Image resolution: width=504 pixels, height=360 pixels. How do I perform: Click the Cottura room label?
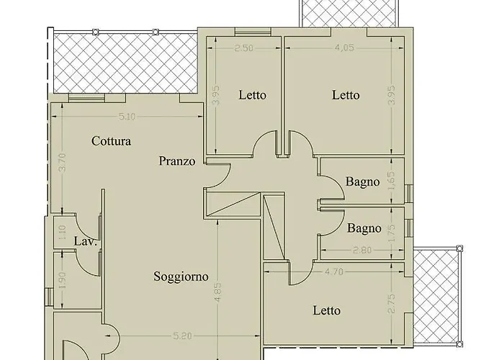pyautogui.click(x=111, y=141)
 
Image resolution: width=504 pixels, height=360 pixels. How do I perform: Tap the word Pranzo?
pyautogui.click(x=177, y=161)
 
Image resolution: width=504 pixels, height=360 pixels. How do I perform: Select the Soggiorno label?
pyautogui.click(x=181, y=276)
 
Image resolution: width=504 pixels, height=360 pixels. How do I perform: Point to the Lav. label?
pyautogui.click(x=86, y=241)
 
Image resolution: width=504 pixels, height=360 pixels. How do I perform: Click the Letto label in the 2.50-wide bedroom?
pyautogui.click(x=252, y=95)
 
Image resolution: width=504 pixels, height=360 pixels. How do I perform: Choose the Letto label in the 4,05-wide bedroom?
pyautogui.click(x=346, y=95)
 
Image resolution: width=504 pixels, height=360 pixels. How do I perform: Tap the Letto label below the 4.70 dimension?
pyautogui.click(x=327, y=311)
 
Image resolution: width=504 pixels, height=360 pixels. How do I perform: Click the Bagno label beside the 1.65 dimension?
pyautogui.click(x=362, y=181)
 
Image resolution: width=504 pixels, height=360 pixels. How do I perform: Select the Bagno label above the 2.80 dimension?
pyautogui.click(x=364, y=229)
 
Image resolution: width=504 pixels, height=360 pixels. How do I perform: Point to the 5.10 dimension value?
pyautogui.click(x=127, y=116)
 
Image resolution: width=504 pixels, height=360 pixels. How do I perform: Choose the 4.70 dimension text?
pyautogui.click(x=336, y=272)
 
